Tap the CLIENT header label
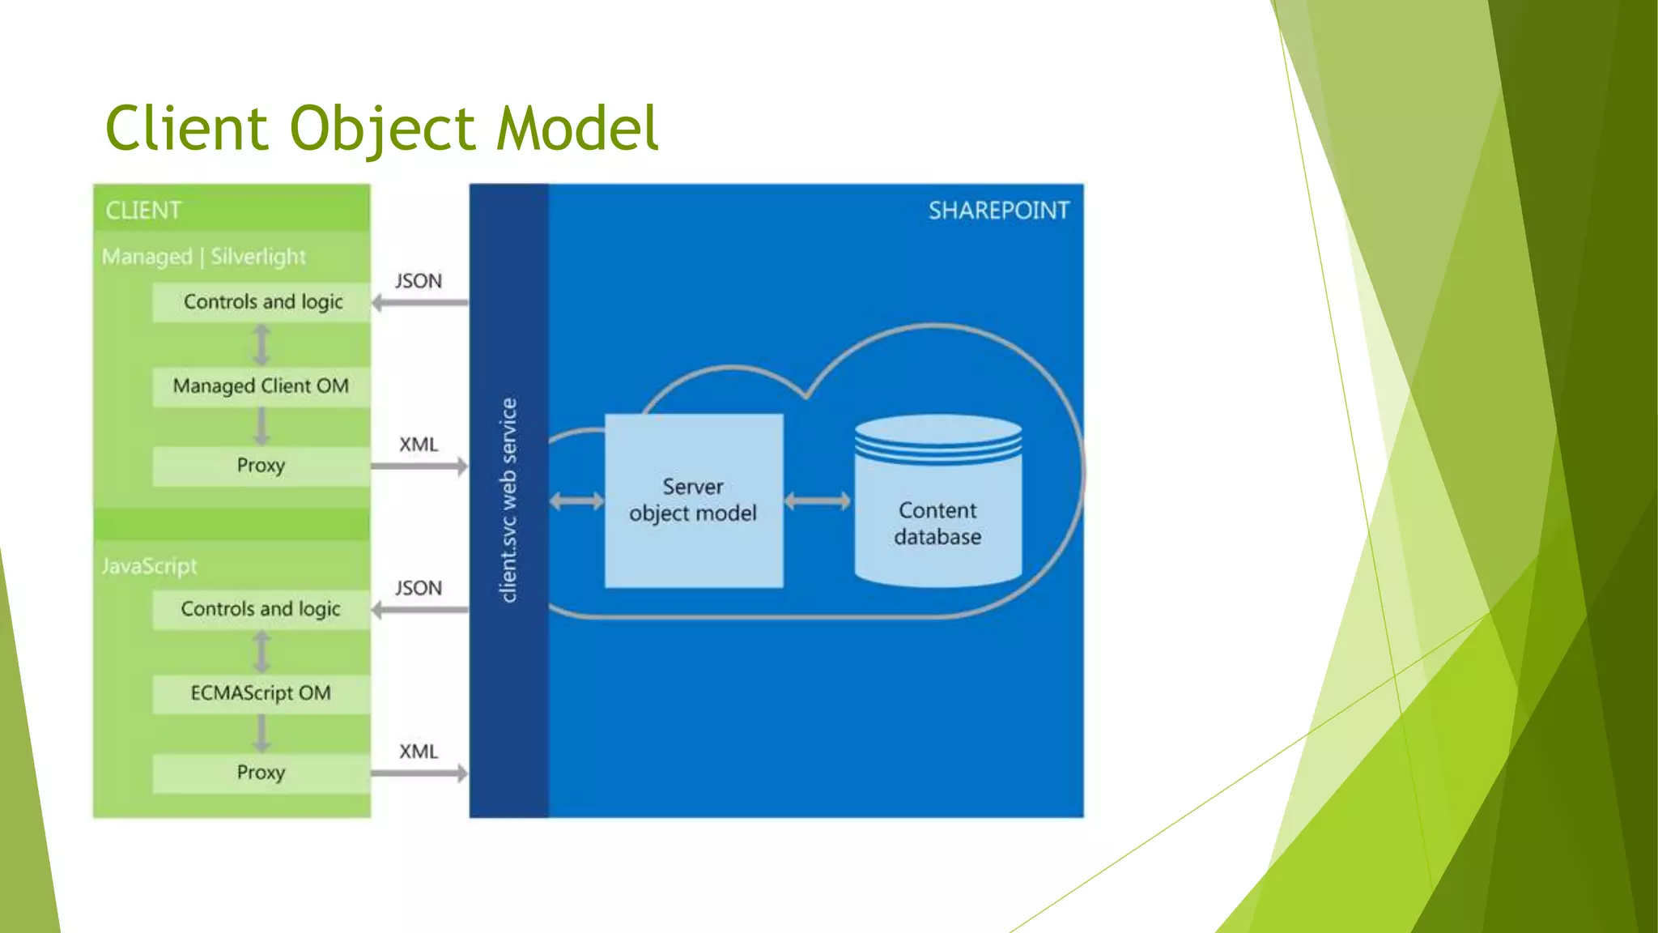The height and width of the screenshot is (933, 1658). tap(143, 211)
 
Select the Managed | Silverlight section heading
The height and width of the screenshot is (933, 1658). tap(204, 257)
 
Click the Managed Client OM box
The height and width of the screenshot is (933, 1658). tap(261, 386)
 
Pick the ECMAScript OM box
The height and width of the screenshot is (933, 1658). tap(261, 693)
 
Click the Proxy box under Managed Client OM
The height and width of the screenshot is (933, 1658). tap(261, 466)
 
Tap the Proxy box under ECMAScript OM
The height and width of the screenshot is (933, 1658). tap(261, 773)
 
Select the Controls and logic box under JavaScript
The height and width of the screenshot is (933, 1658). tap(261, 609)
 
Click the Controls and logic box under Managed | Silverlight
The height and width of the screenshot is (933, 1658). tap(262, 302)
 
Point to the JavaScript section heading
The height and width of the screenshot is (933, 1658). tap(149, 566)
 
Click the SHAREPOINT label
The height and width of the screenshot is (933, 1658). tap(998, 211)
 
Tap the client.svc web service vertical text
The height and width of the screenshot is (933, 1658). tap(508, 500)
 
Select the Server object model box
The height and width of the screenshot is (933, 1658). tap(694, 501)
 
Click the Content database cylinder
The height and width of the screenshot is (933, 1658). tap(938, 510)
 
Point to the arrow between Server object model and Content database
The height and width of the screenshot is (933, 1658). tap(818, 501)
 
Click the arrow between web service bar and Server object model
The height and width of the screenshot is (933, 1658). tap(576, 501)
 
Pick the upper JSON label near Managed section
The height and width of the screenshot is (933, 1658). tap(418, 281)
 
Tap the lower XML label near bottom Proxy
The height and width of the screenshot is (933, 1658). tap(418, 752)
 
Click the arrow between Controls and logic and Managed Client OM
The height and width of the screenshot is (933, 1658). tap(261, 345)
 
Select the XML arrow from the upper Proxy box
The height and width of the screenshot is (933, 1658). tap(419, 466)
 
